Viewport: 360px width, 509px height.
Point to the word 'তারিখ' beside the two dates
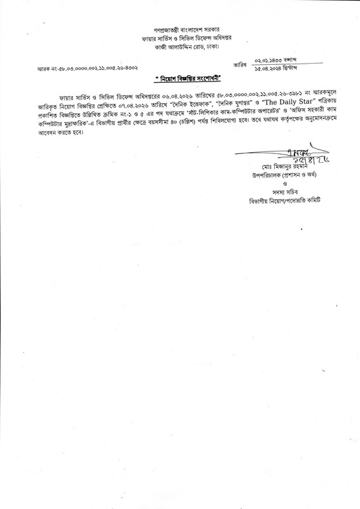point(240,63)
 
